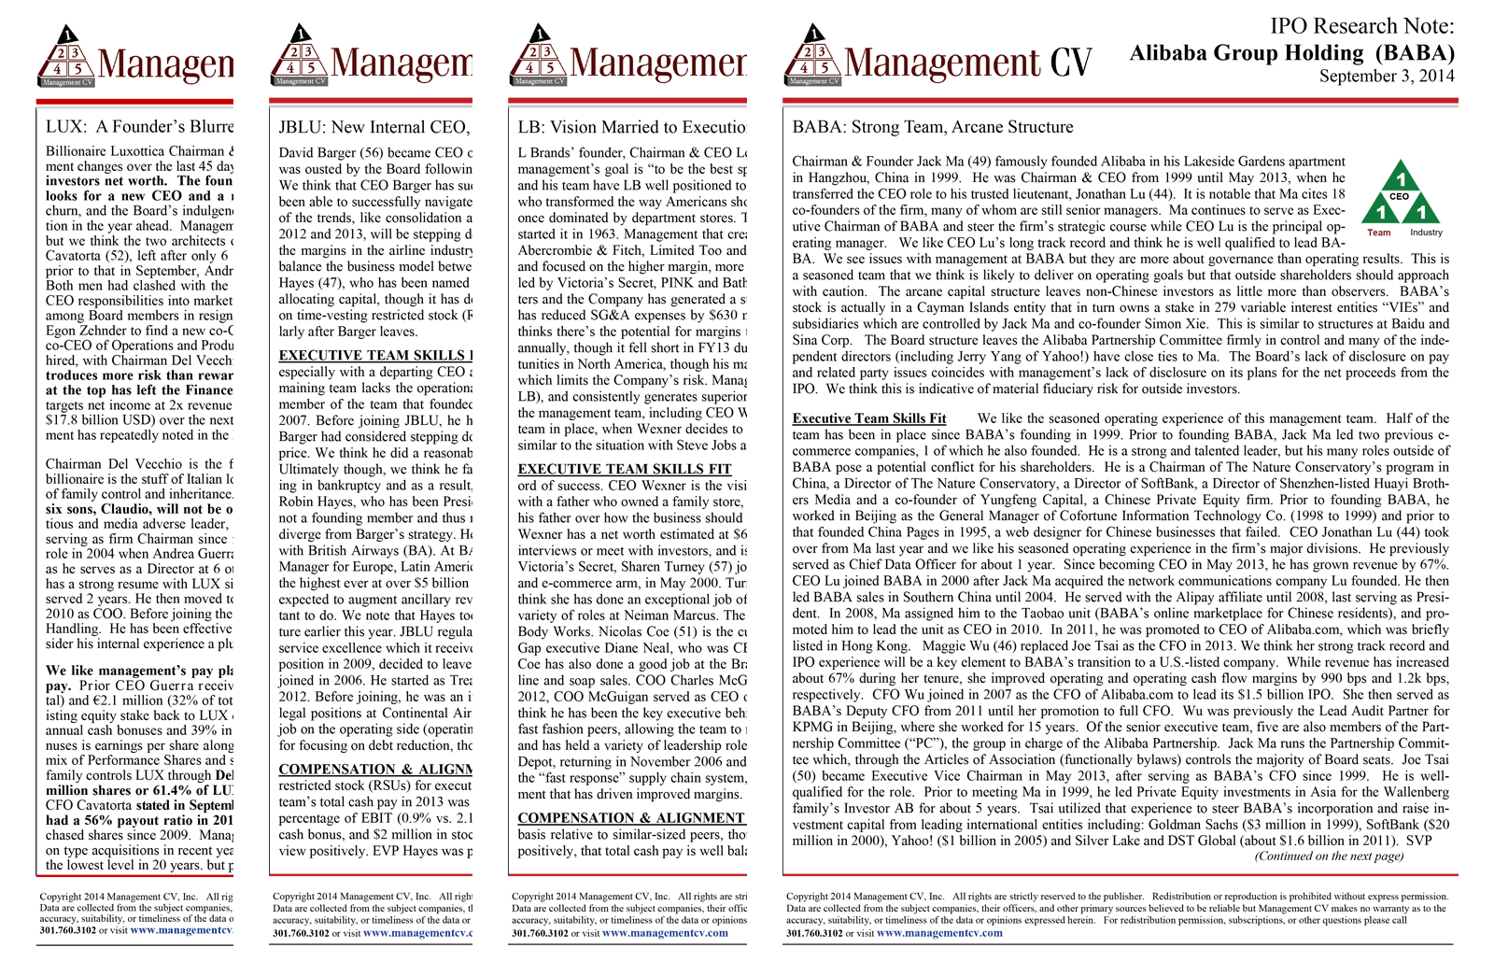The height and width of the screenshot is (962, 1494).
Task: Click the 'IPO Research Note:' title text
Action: (x=1361, y=26)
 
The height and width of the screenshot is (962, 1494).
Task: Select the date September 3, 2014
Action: (x=1386, y=77)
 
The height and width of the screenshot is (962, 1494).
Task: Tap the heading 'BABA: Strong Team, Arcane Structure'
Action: (x=932, y=127)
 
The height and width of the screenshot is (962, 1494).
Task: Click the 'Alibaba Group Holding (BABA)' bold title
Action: (x=1291, y=52)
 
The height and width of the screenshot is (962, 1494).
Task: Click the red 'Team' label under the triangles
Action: (x=1378, y=233)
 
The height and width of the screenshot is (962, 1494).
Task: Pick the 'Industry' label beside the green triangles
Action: (x=1426, y=233)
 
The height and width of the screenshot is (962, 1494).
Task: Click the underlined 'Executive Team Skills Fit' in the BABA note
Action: (x=868, y=418)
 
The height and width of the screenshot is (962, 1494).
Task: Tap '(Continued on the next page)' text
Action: (x=1329, y=856)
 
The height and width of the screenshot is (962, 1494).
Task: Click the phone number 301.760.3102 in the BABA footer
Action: (x=814, y=933)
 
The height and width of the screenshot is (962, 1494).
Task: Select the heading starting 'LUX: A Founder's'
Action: (x=139, y=127)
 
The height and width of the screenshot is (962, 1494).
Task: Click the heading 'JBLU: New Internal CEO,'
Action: (x=373, y=127)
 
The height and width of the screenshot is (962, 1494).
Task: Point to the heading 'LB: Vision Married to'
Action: (x=631, y=127)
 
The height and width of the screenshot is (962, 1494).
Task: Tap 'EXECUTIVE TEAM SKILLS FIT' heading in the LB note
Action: (x=624, y=469)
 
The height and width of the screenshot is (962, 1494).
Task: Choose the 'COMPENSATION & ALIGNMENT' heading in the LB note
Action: (x=630, y=818)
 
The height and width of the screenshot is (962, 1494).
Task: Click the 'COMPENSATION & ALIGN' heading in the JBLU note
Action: (x=374, y=770)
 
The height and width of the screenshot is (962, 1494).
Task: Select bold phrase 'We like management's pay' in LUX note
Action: (x=139, y=671)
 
